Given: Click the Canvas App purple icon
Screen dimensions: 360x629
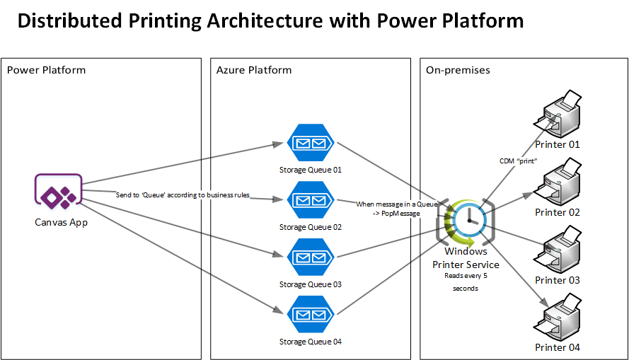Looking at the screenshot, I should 59,192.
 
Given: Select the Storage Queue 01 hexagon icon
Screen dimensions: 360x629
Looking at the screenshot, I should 310,143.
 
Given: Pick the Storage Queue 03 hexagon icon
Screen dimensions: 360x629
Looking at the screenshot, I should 310,257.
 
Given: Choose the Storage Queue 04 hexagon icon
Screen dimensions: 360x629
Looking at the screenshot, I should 310,315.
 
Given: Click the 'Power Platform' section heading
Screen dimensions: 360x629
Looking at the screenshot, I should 46,70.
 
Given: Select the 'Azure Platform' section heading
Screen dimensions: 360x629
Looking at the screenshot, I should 254,70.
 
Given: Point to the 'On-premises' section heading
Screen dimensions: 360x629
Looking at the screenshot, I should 458,70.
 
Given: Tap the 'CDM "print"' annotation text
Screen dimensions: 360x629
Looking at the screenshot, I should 519,161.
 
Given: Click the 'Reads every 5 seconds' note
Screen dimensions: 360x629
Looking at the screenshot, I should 466,282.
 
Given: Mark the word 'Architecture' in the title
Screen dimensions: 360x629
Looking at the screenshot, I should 263,21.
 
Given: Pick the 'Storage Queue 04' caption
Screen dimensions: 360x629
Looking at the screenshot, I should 310,342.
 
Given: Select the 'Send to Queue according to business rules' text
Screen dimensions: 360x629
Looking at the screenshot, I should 183,194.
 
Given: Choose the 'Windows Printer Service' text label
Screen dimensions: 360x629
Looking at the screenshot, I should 466,257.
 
